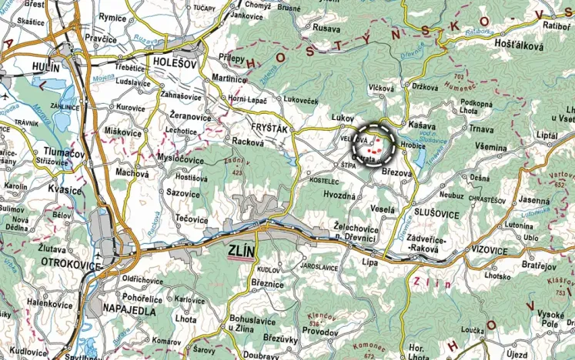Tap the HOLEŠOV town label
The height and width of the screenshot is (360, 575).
click(176, 61)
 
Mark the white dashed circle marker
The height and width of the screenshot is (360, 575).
click(373, 143)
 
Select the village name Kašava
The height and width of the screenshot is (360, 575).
click(423, 125)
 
